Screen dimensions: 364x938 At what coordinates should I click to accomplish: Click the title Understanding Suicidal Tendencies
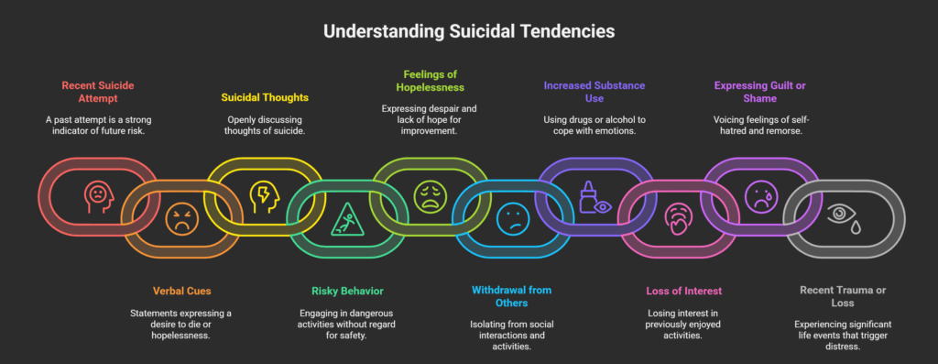pos(468,30)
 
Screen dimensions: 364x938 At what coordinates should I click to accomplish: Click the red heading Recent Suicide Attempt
pos(98,92)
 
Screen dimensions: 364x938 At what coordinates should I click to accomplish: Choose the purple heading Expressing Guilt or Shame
pos(760,92)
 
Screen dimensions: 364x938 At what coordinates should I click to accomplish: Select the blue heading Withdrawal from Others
pos(512,296)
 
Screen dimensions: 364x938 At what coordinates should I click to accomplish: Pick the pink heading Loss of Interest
pos(679,291)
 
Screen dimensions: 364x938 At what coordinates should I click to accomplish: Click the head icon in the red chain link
pos(97,193)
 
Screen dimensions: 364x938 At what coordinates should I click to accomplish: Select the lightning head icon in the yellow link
pos(262,193)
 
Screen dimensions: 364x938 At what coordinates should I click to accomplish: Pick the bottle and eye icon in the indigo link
pos(594,195)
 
